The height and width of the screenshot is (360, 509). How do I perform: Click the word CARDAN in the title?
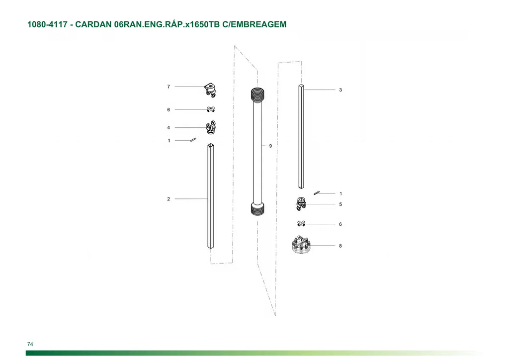click(93, 24)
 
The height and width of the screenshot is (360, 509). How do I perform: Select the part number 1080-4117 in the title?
click(47, 24)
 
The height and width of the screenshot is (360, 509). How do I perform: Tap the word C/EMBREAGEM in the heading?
click(254, 24)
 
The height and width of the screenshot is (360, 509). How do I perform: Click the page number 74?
click(30, 344)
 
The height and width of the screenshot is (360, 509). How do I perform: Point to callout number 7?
click(169, 87)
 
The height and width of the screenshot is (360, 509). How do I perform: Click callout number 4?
click(169, 128)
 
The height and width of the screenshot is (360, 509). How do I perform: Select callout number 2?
click(169, 199)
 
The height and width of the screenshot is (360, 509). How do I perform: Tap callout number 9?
click(270, 146)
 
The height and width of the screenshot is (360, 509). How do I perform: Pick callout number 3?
click(340, 90)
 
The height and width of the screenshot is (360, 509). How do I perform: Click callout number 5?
click(340, 204)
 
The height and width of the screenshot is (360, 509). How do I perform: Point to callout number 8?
click(340, 246)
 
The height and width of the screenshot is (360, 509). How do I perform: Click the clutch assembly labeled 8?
click(302, 245)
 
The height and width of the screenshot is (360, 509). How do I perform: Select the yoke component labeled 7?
click(211, 90)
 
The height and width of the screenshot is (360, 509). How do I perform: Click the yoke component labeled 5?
click(301, 203)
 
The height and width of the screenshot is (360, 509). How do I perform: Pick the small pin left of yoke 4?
click(193, 140)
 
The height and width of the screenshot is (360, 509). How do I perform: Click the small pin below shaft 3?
click(317, 193)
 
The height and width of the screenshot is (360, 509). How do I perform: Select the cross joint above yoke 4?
click(211, 109)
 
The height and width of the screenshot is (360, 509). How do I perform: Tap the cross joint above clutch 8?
click(301, 224)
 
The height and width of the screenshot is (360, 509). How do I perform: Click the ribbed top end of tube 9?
click(258, 94)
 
